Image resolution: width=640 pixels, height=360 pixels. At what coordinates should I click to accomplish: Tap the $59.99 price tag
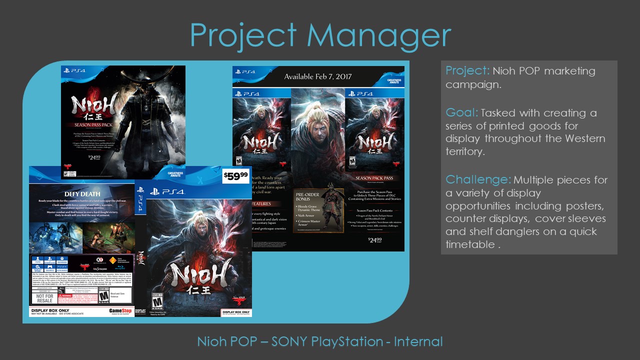[x=235, y=175]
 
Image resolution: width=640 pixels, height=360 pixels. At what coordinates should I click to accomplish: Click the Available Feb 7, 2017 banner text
[x=318, y=76]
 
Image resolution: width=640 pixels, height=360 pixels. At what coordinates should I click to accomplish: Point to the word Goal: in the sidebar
[x=460, y=113]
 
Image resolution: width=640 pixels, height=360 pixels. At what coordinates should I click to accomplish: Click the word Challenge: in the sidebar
[x=478, y=179]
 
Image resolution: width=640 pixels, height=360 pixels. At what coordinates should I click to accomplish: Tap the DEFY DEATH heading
[x=82, y=194]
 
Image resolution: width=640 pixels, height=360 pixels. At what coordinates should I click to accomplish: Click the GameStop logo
[x=120, y=310]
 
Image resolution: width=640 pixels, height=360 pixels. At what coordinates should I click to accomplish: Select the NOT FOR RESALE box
[x=44, y=298]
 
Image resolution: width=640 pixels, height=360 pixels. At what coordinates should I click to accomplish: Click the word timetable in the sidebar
[x=469, y=244]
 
